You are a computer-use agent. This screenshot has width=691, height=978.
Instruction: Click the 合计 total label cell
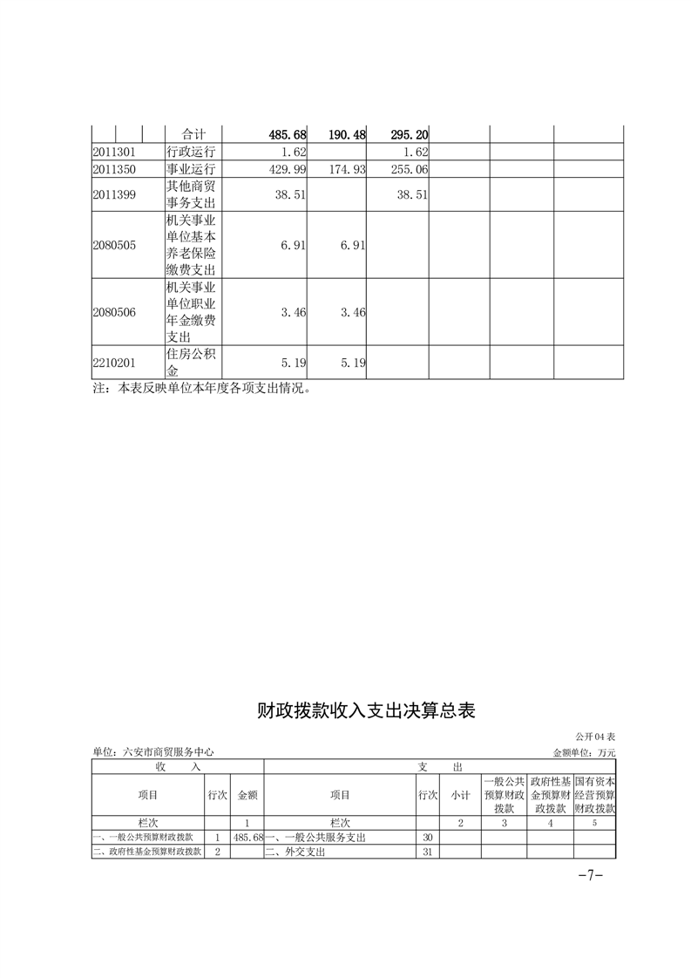coord(193,135)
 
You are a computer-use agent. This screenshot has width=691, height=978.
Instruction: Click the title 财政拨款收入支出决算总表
coord(366,710)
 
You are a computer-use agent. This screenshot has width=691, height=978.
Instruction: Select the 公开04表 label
coord(595,737)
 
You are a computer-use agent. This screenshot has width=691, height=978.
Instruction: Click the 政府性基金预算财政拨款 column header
coord(550,795)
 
